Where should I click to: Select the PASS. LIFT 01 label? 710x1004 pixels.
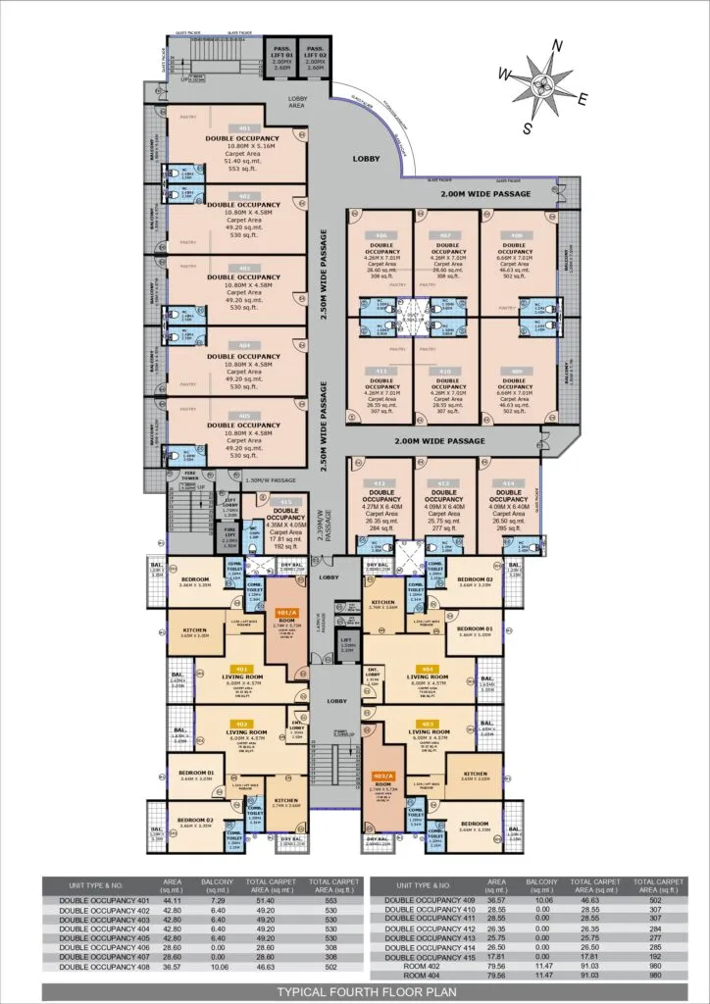pos(281,55)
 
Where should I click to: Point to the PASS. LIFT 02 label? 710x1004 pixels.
pos(315,55)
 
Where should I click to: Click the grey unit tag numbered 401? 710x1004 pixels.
pos(242,128)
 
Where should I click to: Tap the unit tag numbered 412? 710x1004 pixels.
pos(382,484)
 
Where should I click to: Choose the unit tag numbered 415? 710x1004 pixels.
pos(286,501)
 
